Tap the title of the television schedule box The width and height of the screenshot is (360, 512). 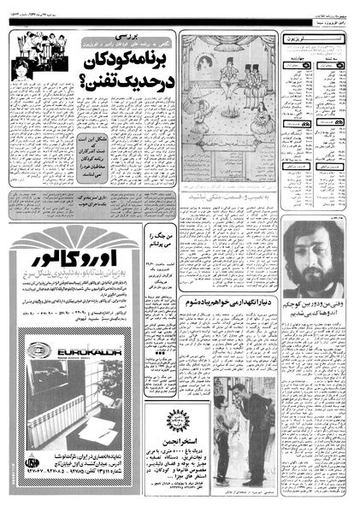click(308, 38)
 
